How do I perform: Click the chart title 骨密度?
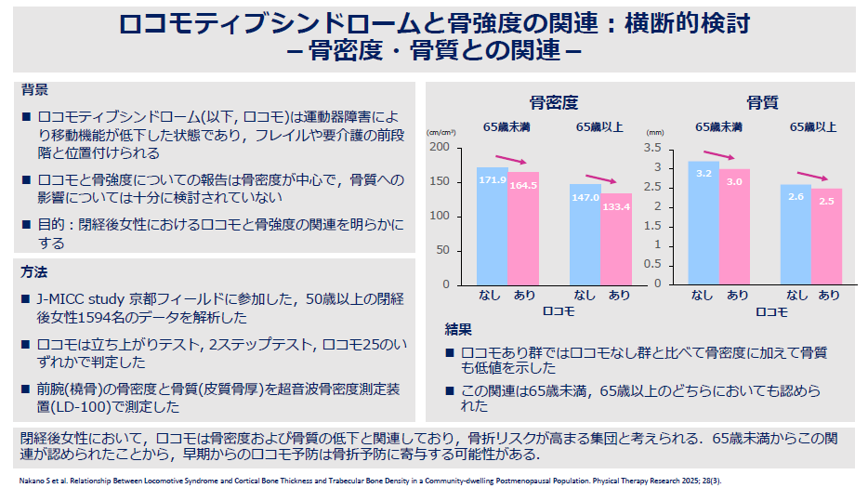click(554, 102)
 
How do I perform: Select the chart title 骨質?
click(762, 102)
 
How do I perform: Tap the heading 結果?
click(458, 329)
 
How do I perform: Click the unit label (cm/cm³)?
click(441, 133)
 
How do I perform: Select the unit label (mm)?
click(654, 133)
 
